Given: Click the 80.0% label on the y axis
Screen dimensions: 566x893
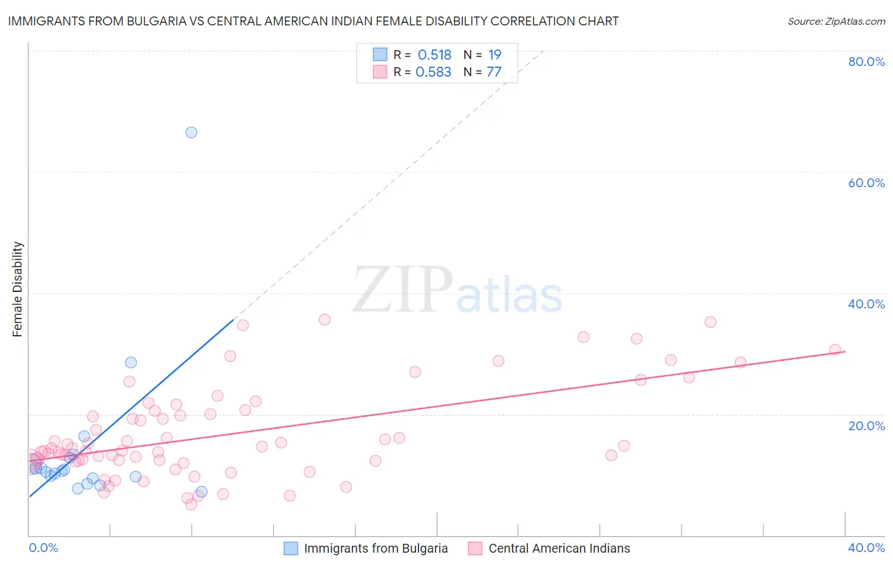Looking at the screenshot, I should point(866,62).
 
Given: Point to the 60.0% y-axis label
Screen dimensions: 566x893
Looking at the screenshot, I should point(866,183).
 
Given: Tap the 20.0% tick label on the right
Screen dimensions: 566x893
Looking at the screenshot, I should point(866,426).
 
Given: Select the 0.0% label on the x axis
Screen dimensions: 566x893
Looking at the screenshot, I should point(43,548).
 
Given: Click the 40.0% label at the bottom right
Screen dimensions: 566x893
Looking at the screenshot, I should point(866,548).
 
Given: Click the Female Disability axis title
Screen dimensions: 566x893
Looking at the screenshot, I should point(18,289).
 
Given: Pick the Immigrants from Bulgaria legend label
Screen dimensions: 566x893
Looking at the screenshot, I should point(375,548).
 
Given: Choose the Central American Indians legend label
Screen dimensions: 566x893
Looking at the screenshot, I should point(559,548).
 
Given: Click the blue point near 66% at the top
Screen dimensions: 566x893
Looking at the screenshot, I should point(191,133).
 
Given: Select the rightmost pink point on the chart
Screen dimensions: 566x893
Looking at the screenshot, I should point(835,350).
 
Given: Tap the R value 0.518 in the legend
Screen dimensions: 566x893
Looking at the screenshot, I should point(434,55).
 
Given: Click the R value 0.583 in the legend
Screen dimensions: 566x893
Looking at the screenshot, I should point(433,72).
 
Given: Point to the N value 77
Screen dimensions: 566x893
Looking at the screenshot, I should point(494,72).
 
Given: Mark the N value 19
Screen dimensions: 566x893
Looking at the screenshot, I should point(495,55).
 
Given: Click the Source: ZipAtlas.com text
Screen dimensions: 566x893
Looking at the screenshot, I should point(836,22).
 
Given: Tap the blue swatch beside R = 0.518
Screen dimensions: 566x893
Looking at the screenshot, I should point(380,55).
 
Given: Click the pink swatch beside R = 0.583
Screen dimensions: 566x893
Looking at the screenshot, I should point(380,72).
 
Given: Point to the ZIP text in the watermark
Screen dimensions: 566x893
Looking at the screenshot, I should point(402,290).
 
